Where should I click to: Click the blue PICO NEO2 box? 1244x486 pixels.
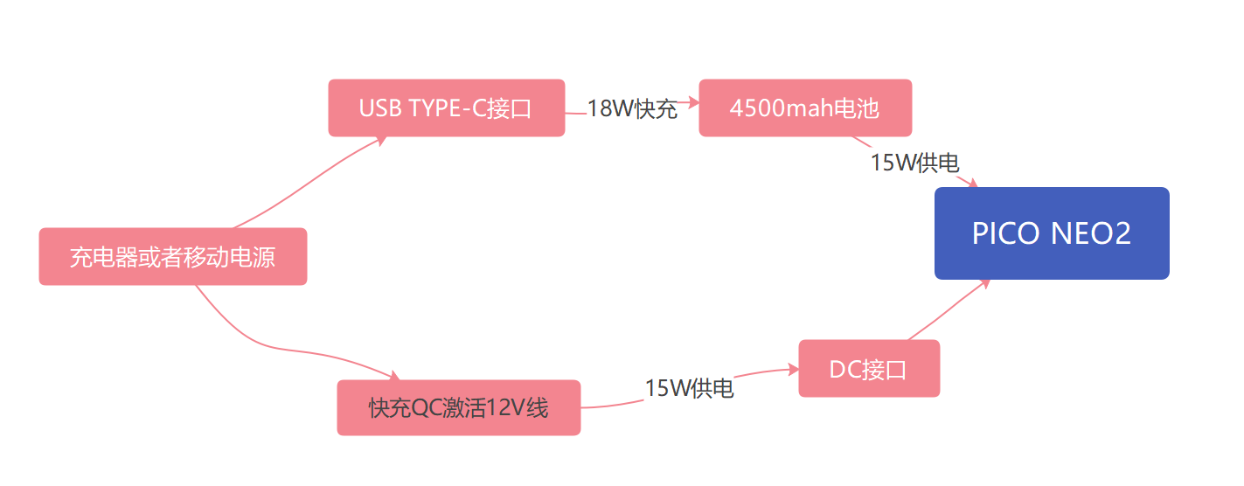point(1052,233)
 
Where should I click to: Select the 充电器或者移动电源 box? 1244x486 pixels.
point(173,257)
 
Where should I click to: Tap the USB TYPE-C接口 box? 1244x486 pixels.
point(446,108)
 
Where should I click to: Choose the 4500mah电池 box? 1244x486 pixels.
point(805,108)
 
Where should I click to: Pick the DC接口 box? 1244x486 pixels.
point(869,369)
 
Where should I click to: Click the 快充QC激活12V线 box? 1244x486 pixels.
point(459,407)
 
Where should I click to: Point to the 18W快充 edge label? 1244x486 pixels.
point(632,109)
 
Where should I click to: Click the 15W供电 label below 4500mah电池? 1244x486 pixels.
point(914,163)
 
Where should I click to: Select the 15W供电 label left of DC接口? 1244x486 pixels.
point(689,388)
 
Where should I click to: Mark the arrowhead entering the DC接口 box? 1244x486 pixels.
point(795,369)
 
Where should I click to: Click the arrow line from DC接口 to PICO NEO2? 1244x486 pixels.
point(949,310)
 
